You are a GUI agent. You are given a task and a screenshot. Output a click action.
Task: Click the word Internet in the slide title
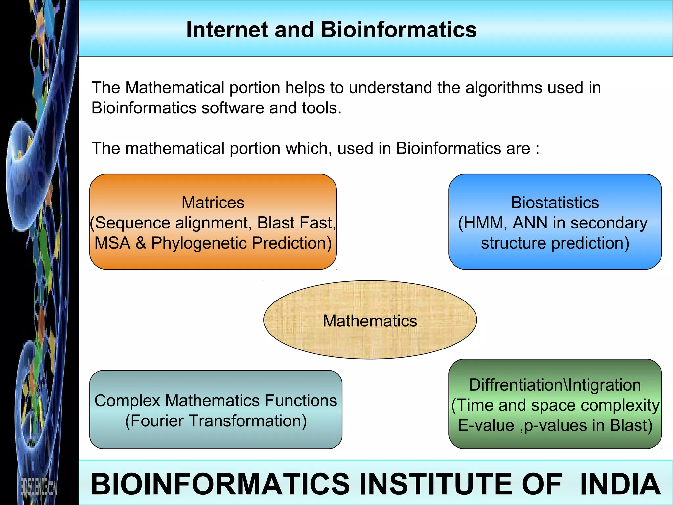point(227,30)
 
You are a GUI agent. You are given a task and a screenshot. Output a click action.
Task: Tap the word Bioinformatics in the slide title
point(398,30)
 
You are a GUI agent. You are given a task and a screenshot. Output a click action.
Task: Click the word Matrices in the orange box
point(213,203)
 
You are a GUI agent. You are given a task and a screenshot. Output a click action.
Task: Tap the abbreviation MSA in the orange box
point(112,243)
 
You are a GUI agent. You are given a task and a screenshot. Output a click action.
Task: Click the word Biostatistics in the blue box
point(555,203)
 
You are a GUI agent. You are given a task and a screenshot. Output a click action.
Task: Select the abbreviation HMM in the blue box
point(483,223)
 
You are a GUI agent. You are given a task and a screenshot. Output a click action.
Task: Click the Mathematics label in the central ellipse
point(370,321)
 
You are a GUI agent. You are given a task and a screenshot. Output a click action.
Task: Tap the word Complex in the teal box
point(128,401)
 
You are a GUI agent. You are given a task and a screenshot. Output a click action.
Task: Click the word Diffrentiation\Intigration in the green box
point(555,385)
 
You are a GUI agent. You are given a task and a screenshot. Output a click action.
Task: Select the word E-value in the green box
point(486,425)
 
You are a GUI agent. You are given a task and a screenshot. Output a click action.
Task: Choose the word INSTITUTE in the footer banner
point(437,484)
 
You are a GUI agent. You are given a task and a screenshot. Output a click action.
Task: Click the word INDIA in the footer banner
point(620,484)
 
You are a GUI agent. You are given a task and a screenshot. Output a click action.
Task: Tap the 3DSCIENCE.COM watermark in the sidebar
point(39,486)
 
